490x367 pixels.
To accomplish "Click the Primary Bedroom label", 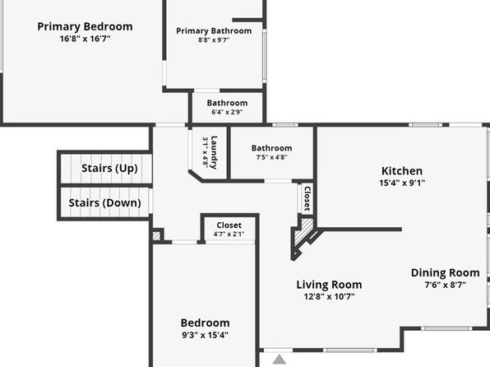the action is click(85, 26).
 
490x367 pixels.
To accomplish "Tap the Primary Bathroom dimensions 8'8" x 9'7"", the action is click(214, 40).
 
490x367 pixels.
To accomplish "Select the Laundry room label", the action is click(214, 152).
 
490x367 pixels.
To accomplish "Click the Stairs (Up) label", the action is click(109, 169).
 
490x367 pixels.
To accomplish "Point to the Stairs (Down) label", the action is click(104, 202).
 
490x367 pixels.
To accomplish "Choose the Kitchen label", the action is click(402, 171).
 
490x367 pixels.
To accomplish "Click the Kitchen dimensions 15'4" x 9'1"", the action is click(402, 183).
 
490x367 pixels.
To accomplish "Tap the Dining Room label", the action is click(446, 273).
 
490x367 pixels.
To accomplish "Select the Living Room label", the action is click(329, 285).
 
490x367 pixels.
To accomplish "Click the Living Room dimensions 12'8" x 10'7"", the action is click(329, 296).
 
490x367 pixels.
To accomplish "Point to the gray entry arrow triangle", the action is click(280, 359).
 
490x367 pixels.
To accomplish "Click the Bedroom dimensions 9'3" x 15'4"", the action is click(205, 335).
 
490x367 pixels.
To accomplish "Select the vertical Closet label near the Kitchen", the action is click(307, 198).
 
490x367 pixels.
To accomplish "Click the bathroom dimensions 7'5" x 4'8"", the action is click(271, 157).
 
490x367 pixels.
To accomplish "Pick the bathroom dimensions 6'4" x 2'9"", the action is click(227, 112).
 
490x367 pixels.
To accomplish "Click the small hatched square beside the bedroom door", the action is click(156, 235).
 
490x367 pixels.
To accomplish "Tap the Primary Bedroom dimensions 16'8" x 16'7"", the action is click(85, 39).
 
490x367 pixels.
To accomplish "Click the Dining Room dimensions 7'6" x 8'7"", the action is click(446, 285).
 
